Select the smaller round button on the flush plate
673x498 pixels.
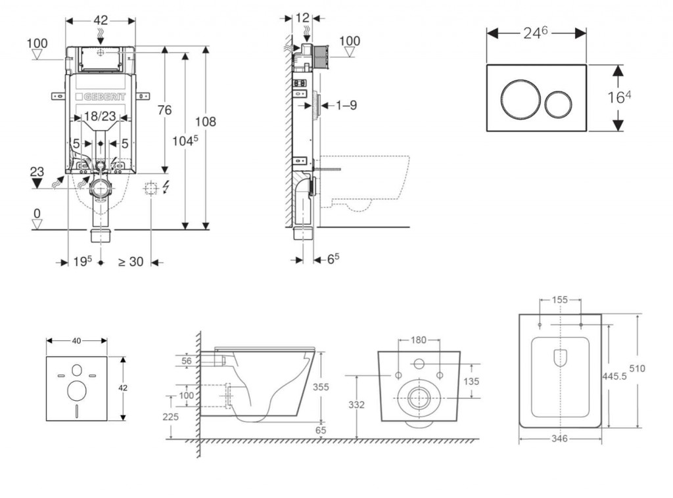tap(557, 99)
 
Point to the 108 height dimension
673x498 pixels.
tap(205, 122)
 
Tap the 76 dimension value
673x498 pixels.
tap(164, 110)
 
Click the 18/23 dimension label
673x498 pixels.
tap(101, 116)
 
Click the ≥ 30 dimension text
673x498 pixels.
tap(131, 261)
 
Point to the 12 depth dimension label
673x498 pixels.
tap(302, 18)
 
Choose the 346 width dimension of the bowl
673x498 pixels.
tap(559, 438)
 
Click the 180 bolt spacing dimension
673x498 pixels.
tap(419, 340)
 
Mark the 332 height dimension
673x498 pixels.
tap(356, 404)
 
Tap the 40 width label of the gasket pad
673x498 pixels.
tap(76, 340)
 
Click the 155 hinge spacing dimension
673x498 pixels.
tap(560, 300)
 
